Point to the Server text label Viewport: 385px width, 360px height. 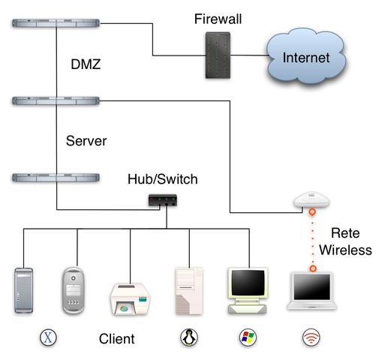click(x=86, y=141)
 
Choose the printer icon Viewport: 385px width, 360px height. click(x=133, y=298)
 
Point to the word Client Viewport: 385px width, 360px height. click(x=117, y=339)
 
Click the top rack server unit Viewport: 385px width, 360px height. click(x=57, y=25)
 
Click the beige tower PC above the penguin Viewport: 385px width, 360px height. click(x=188, y=290)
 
